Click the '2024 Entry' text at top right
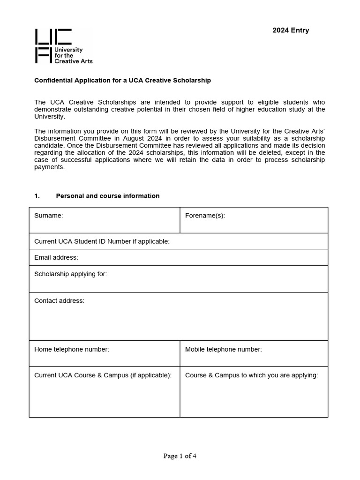tap(291, 30)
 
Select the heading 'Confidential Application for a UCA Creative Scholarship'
tap(122, 80)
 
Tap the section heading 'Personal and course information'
tap(107, 196)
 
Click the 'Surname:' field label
tap(48, 216)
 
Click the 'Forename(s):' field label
tap(205, 216)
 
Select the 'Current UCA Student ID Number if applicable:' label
tap(102, 241)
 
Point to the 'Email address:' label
tap(56, 257)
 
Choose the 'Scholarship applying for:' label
tap(70, 274)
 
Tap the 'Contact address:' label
tap(59, 300)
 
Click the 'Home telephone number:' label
tap(71, 349)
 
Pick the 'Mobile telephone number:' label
tap(223, 349)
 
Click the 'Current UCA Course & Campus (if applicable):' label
tap(103, 375)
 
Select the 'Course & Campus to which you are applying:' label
tap(251, 375)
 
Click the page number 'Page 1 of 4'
tap(180, 456)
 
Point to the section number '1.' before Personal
tap(37, 196)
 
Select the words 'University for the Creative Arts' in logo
tap(74, 55)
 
